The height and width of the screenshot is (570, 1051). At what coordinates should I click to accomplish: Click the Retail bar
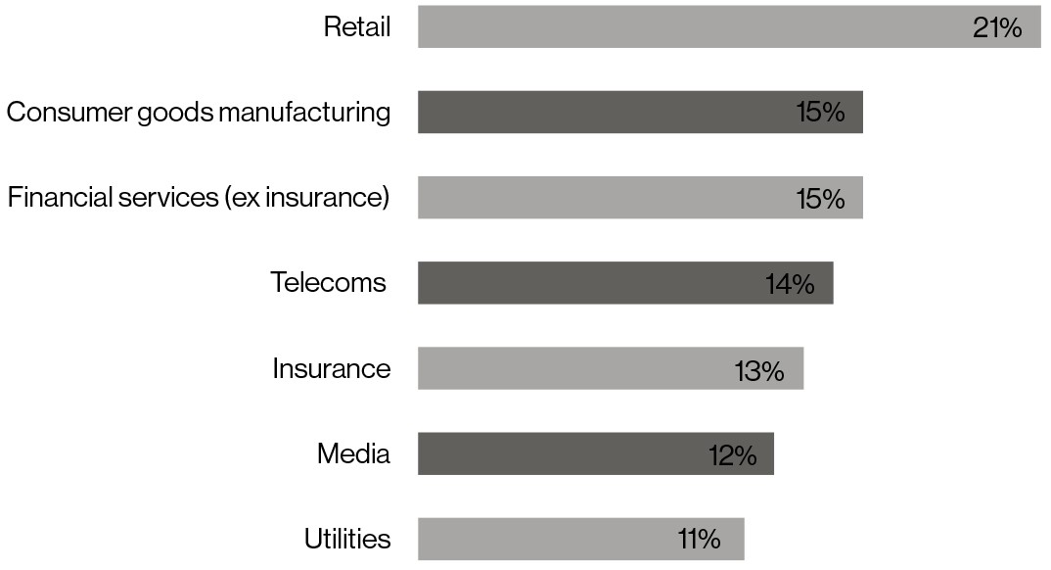(x=685, y=26)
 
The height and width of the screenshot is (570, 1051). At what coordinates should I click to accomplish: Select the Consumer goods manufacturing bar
(x=607, y=112)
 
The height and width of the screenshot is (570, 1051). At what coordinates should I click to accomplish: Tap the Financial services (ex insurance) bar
(x=607, y=197)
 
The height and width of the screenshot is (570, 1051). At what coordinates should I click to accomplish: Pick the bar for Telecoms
(x=587, y=282)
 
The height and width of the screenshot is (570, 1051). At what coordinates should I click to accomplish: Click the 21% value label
(x=997, y=27)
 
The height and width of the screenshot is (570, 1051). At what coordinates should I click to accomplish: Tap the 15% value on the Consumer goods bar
(x=820, y=113)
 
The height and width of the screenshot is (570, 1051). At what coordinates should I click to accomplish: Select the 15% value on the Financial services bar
(x=820, y=198)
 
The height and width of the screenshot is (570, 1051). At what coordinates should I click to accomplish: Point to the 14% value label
(x=790, y=284)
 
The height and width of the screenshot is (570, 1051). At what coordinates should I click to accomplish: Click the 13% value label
(x=759, y=369)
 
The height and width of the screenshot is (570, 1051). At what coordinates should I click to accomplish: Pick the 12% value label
(x=732, y=454)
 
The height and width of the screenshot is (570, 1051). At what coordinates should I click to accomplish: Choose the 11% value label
(x=699, y=539)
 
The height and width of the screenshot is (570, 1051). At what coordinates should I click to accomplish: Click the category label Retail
(x=357, y=26)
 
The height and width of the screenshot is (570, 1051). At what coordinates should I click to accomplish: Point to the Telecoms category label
(x=329, y=283)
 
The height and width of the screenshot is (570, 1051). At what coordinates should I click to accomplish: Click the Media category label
(x=353, y=453)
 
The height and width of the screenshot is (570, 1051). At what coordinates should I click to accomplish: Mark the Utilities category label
(x=347, y=539)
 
